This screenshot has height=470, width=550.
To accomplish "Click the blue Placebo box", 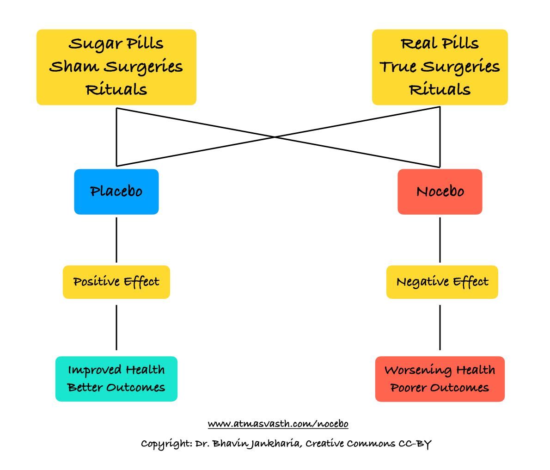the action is (116, 192).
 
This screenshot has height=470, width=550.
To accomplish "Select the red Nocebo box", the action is (440, 192).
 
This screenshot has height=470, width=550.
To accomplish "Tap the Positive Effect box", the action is (116, 282).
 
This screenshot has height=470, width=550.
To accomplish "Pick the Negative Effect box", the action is (442, 282).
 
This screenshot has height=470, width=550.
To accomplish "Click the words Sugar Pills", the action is (116, 44).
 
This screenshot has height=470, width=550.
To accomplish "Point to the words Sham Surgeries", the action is (116, 67).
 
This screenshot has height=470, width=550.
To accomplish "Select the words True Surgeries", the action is (440, 67).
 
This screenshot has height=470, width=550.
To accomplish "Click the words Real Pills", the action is (440, 43).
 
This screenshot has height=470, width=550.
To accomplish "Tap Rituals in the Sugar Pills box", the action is (116, 90).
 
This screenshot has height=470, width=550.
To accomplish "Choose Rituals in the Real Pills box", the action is (440, 90).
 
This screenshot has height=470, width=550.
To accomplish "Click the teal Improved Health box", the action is (116, 379).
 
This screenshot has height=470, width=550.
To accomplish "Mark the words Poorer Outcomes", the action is (440, 388).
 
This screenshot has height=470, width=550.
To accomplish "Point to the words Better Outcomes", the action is (116, 387).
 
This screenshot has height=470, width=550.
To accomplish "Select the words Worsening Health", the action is (440, 370).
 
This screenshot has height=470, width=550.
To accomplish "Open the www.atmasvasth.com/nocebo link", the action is (278, 424).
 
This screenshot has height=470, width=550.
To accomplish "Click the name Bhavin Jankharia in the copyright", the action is (257, 444).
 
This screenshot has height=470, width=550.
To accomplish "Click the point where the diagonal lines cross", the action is (275, 137).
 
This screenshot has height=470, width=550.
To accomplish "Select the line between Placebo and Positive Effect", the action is (116, 240).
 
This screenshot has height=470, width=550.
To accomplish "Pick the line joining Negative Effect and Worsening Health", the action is (440, 328).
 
